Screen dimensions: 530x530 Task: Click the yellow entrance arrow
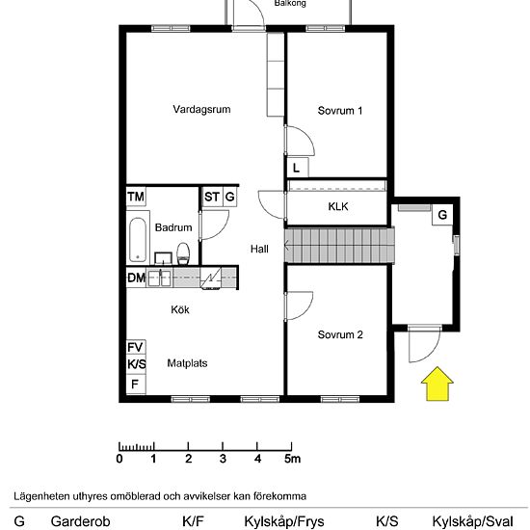(437, 384)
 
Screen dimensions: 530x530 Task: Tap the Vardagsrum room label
(201, 109)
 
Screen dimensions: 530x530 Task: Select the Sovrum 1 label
(340, 111)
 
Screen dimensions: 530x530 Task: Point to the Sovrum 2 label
(340, 334)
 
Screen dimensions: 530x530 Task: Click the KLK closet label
(338, 206)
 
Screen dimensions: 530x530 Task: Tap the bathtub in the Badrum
(138, 239)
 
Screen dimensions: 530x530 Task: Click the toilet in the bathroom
(183, 253)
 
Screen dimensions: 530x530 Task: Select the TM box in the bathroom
(136, 197)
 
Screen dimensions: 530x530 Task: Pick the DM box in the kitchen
(136, 278)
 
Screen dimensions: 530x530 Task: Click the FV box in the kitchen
(136, 347)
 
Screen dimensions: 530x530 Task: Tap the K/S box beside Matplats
(136, 364)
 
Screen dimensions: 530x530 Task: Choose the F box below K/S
(136, 384)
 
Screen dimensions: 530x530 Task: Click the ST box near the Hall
(212, 197)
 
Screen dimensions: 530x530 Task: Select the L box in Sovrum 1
(297, 168)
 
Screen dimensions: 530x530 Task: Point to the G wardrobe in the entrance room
(442, 215)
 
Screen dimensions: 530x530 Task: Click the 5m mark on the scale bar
(292, 459)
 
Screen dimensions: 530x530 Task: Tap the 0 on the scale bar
(119, 459)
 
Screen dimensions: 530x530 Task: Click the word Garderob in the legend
(80, 521)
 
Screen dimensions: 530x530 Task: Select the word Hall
(259, 250)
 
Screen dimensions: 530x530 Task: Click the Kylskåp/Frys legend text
(284, 521)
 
